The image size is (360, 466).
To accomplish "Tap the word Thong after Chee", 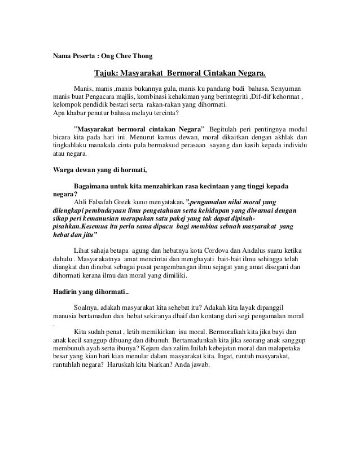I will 140,55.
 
